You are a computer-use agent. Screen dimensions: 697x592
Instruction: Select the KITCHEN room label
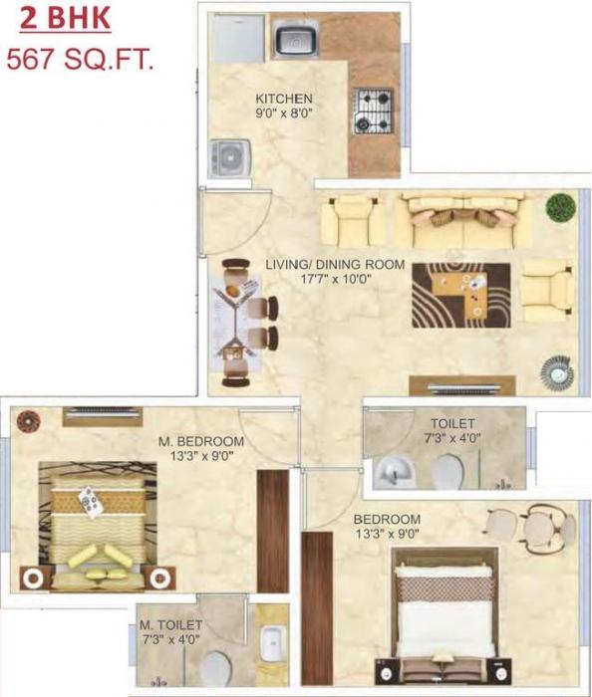(x=284, y=99)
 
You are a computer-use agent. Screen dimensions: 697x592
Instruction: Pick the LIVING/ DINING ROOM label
(x=335, y=264)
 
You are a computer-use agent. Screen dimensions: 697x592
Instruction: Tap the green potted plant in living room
(x=561, y=206)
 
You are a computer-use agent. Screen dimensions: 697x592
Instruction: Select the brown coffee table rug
(x=465, y=294)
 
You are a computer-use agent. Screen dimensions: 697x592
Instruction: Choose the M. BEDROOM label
(x=200, y=441)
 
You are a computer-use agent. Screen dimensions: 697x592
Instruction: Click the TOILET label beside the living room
(x=452, y=423)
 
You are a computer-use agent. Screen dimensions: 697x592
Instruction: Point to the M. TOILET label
(x=170, y=625)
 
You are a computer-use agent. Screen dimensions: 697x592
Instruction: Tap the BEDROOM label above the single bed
(x=387, y=520)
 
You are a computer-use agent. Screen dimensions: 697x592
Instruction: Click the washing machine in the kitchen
(x=231, y=158)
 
